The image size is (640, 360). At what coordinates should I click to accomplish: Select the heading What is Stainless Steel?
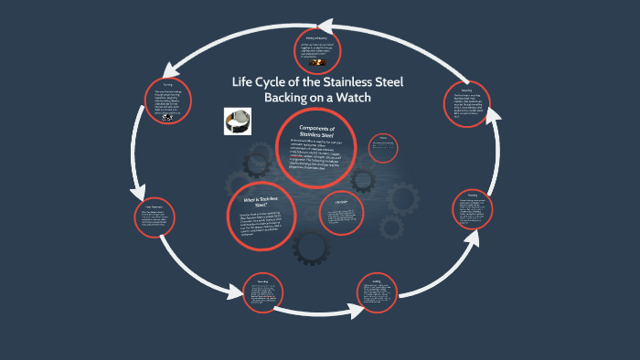[261, 202]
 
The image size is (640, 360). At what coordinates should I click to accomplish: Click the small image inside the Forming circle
[165, 117]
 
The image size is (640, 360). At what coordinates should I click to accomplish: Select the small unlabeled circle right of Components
[383, 147]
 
